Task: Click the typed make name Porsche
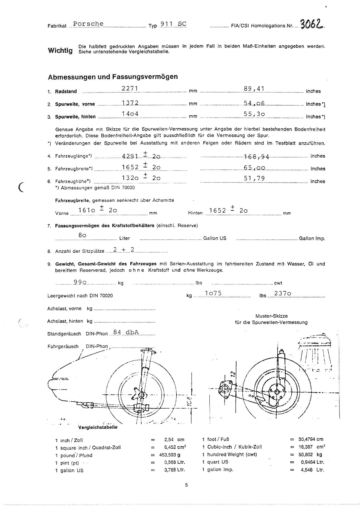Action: click(x=88, y=24)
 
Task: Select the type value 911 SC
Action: click(x=173, y=24)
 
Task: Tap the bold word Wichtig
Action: click(x=60, y=50)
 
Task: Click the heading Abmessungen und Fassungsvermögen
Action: click(x=113, y=77)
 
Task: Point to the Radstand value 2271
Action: click(x=129, y=88)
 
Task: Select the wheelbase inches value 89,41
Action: click(x=254, y=89)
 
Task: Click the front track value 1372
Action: click(x=130, y=102)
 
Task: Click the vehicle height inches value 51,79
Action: click(x=254, y=178)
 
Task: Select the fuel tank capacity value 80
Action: click(x=82, y=235)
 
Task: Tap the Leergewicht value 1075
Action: click(x=213, y=293)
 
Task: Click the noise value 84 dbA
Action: click(x=126, y=332)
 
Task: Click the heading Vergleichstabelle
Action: click(x=98, y=427)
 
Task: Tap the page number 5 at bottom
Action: click(x=186, y=485)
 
